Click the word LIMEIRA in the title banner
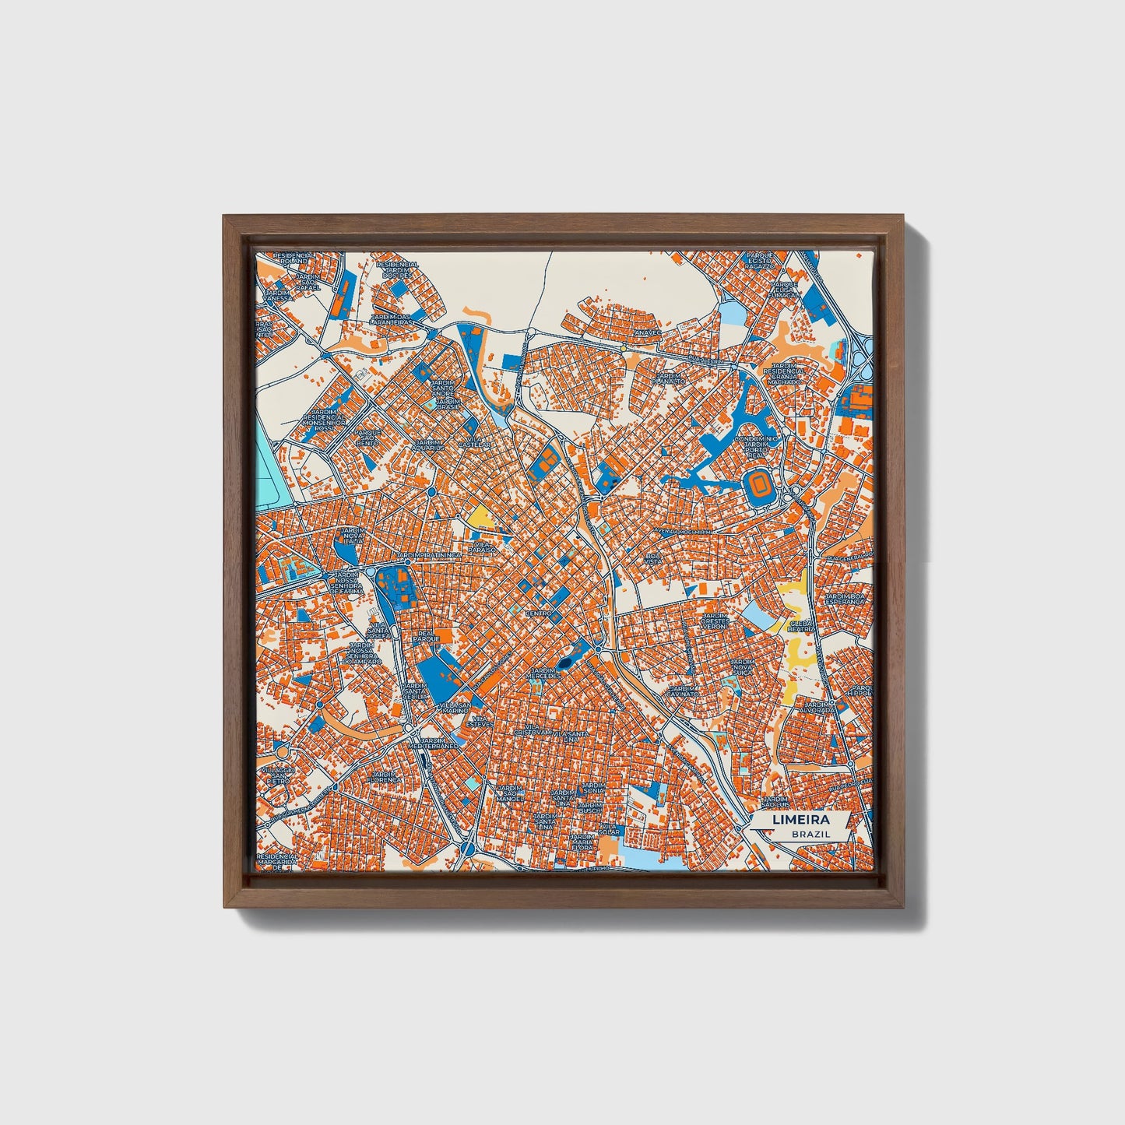click(x=800, y=820)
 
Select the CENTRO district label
click(x=539, y=613)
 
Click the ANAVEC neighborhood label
click(x=647, y=332)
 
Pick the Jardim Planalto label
click(x=668, y=378)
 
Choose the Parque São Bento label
click(x=367, y=438)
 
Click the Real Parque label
click(x=425, y=636)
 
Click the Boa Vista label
click(x=652, y=559)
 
